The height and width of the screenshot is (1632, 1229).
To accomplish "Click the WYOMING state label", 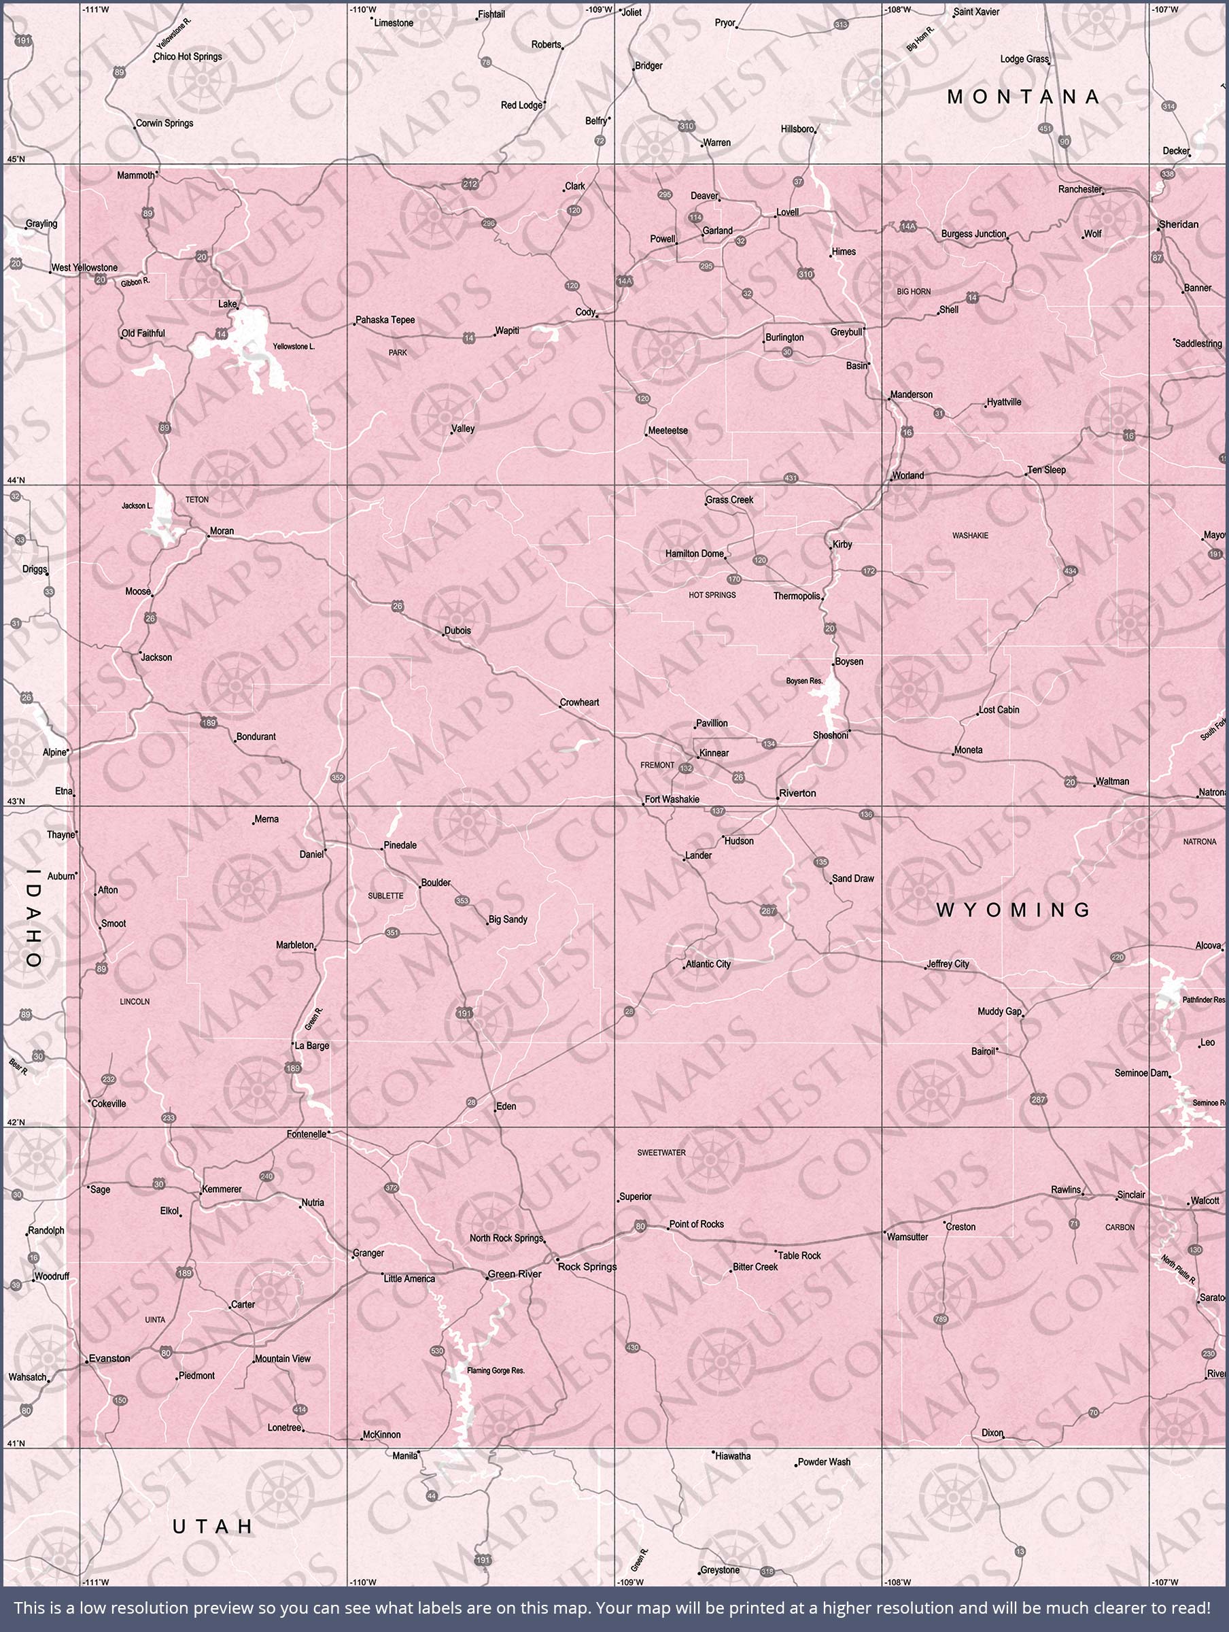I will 1014,910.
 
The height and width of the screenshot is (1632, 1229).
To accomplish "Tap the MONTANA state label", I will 1023,97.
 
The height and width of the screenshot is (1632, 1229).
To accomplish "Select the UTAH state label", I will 213,1527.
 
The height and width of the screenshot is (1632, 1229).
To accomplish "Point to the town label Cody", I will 585,312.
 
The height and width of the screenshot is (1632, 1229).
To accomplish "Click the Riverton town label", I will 797,793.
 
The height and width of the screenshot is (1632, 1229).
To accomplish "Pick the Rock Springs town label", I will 587,1267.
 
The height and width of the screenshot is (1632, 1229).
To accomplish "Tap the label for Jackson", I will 156,658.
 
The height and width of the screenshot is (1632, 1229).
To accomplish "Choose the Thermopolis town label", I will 797,596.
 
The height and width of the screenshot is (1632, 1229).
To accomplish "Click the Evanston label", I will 109,1358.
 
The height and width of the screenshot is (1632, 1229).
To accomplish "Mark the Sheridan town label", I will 1179,224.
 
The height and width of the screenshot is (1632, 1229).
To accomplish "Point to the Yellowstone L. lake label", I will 294,347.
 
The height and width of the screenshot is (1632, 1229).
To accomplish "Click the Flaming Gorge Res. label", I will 496,1371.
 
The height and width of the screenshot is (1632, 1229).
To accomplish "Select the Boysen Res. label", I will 804,681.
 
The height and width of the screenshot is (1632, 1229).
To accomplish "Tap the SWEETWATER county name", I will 661,1153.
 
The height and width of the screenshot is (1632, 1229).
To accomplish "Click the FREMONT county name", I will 657,765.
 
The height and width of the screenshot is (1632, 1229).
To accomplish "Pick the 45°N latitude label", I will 16,159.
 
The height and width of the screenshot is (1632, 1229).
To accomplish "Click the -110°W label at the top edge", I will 362,10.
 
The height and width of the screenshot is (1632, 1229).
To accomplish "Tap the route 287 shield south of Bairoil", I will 1039,1100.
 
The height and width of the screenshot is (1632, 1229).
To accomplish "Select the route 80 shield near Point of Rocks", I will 640,1226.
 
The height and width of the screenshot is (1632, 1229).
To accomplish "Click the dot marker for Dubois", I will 443,634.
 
